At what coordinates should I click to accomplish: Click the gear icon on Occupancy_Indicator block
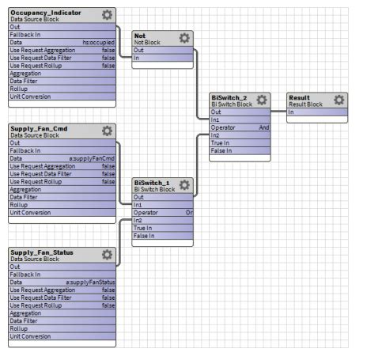pyautogui.click(x=107, y=15)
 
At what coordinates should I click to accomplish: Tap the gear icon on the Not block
pyautogui.click(x=184, y=38)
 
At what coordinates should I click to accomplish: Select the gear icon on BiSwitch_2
pyautogui.click(x=262, y=100)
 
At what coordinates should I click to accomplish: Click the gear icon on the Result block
pyautogui.click(x=339, y=100)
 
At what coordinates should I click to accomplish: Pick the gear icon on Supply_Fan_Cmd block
pyautogui.click(x=107, y=131)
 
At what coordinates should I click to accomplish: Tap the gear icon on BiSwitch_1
pyautogui.click(x=184, y=184)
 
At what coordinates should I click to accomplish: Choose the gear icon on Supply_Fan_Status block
pyautogui.click(x=107, y=255)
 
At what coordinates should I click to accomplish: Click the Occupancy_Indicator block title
pyautogui.click(x=46, y=12)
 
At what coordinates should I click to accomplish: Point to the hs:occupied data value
pyautogui.click(x=99, y=42)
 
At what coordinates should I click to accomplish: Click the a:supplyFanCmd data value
pyautogui.click(x=98, y=158)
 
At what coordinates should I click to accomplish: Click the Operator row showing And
pyautogui.click(x=240, y=127)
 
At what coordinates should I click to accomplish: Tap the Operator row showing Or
pyautogui.click(x=162, y=212)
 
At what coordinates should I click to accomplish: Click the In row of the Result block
pyautogui.click(x=316, y=112)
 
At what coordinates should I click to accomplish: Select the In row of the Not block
pyautogui.click(x=162, y=58)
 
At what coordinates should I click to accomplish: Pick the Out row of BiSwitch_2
pyautogui.click(x=240, y=112)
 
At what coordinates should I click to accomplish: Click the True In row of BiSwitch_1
pyautogui.click(x=162, y=228)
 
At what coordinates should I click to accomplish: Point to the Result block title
pyautogui.click(x=301, y=97)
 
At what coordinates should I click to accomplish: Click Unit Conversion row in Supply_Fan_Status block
pyautogui.click(x=62, y=336)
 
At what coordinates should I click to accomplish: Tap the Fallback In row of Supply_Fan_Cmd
pyautogui.click(x=62, y=150)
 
